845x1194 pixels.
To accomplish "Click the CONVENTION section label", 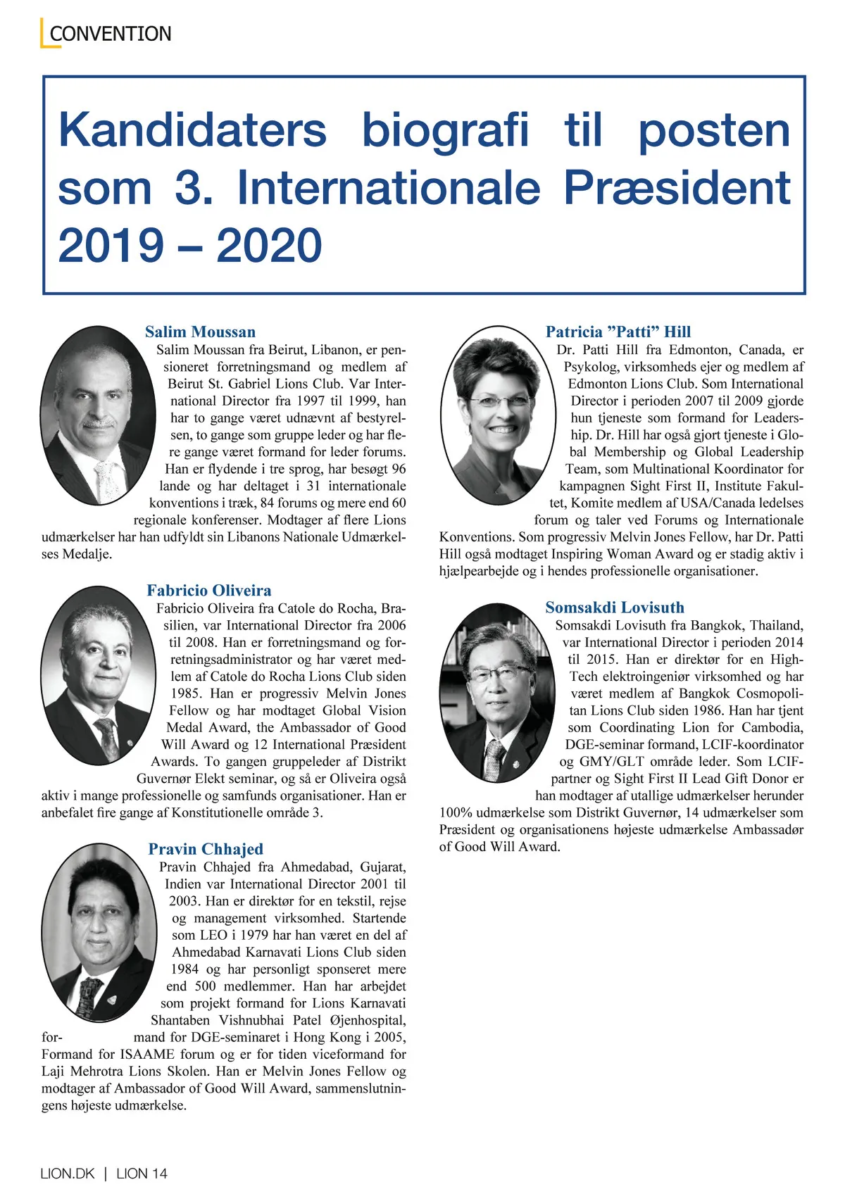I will (111, 34).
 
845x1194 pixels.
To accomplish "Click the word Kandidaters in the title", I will (192, 131).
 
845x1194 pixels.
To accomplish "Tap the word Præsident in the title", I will (677, 189).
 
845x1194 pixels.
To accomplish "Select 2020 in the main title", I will (269, 246).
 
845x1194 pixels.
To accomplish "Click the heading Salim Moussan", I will (200, 332).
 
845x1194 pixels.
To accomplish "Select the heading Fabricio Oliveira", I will (209, 590).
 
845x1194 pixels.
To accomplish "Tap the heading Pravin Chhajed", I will (206, 849).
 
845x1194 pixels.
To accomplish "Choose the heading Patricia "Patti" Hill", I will (618, 332).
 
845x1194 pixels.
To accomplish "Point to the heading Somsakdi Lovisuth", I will (615, 607).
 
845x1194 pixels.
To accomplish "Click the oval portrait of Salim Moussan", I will (98, 415).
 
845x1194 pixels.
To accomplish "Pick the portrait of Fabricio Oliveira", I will (98, 676).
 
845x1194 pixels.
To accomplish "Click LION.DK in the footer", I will (68, 1174).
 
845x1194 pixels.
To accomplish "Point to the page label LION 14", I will (142, 1174).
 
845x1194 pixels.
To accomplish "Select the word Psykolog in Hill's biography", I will (590, 367).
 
